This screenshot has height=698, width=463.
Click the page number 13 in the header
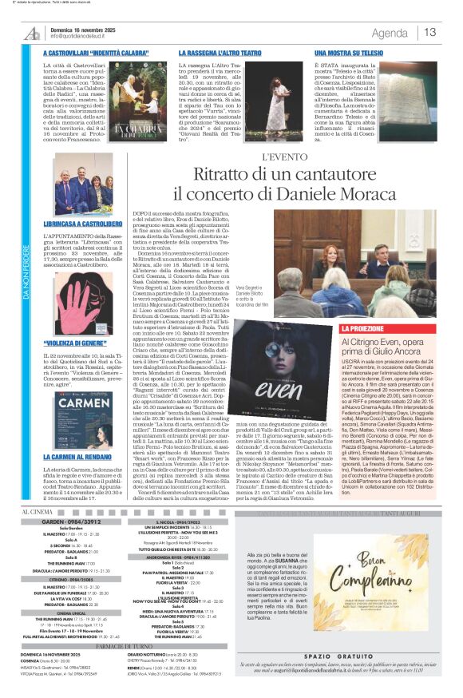click(x=430, y=32)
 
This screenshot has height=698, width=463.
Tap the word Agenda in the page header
click(x=390, y=33)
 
